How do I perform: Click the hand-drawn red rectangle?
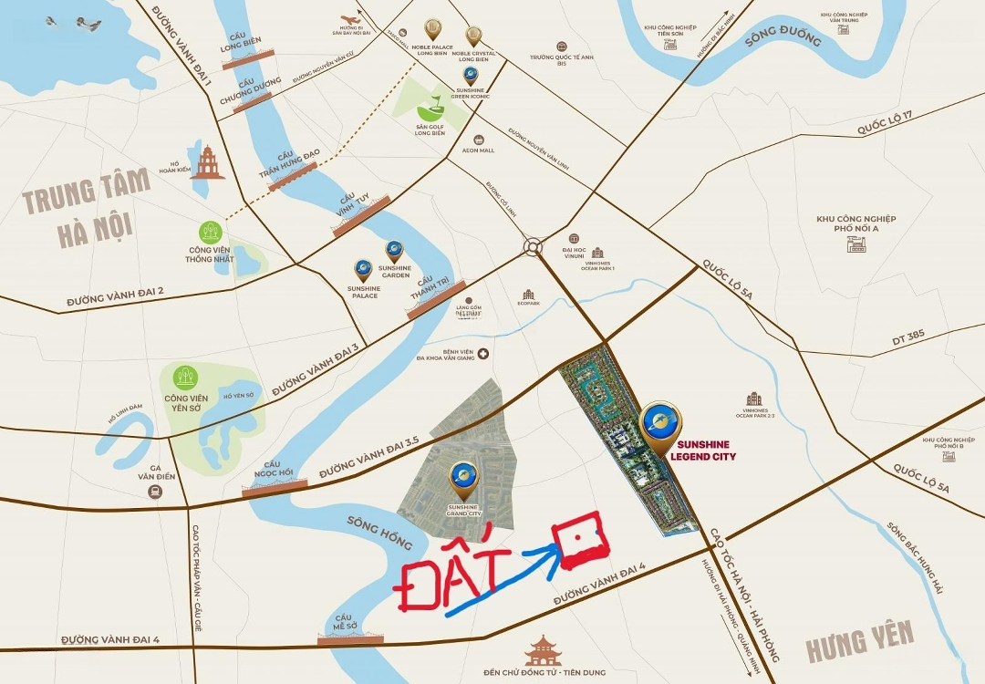pos(579,540)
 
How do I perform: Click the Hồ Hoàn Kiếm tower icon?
pos(207,162)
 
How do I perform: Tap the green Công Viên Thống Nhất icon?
pos(211,232)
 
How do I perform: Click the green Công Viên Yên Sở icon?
pos(186,377)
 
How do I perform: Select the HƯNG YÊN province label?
pos(859,641)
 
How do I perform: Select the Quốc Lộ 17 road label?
pos(884,123)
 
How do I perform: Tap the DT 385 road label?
pos(908,336)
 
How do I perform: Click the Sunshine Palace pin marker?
pos(363,270)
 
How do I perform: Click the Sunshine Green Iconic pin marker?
pos(470,75)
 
